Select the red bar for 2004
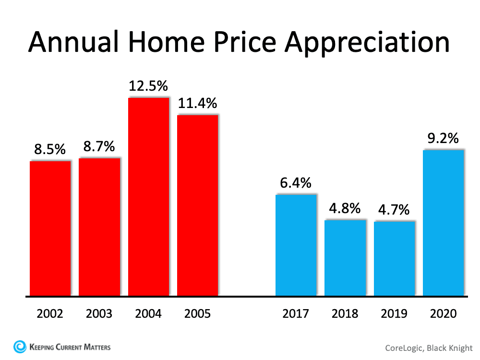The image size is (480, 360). click(x=148, y=197)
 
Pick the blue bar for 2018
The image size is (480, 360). click(x=345, y=258)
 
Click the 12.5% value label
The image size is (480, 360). click(x=148, y=86)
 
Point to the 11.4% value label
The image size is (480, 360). click(x=197, y=103)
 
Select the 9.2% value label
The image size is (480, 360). click(x=444, y=139)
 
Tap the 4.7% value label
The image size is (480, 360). click(x=394, y=210)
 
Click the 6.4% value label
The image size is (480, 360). click(x=296, y=183)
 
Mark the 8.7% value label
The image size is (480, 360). click(x=99, y=146)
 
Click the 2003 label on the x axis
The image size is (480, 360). click(x=99, y=314)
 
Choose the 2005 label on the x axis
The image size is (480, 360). click(x=197, y=314)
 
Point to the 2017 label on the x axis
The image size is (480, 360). click(x=296, y=314)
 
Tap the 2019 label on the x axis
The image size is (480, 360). click(x=394, y=314)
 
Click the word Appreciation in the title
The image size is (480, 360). click(x=367, y=43)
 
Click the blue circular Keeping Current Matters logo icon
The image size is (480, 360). click(x=20, y=346)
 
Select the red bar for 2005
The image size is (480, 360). click(x=197, y=205)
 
